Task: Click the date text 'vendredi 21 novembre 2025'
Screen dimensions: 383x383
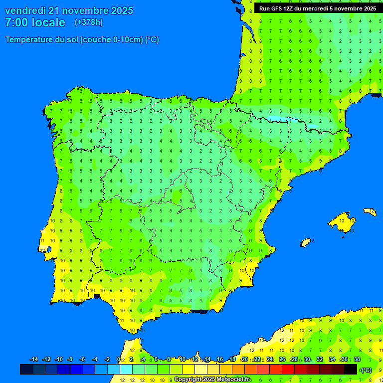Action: coord(69,10)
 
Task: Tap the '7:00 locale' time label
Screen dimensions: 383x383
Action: coord(35,22)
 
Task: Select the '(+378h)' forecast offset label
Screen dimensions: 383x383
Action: coord(88,22)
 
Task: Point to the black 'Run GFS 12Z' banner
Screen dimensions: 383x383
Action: coord(315,8)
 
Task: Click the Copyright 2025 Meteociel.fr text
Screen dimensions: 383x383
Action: coord(212,380)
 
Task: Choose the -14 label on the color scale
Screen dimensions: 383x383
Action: coord(34,360)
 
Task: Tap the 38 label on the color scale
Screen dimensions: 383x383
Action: coord(357,360)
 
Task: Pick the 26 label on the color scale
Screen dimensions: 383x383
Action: coord(282,360)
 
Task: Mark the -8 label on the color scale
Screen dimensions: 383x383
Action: coord(70,360)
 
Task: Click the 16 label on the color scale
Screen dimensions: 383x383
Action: coord(220,360)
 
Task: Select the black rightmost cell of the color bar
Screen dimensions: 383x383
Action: coord(351,369)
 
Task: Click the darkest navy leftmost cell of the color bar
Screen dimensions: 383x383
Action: coord(26,369)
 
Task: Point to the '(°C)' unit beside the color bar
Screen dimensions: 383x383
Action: coord(366,370)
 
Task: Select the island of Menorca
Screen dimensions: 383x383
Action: coord(370,212)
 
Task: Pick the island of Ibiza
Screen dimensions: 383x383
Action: coord(305,242)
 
